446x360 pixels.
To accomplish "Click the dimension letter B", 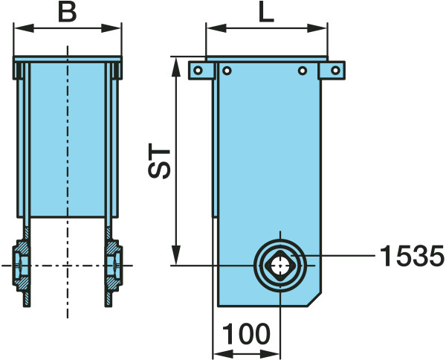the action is tap(68, 13).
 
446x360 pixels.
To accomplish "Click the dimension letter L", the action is tap(267, 13).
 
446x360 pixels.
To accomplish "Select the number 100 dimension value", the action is tap(246, 334).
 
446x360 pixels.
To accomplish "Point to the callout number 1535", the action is tap(411, 256).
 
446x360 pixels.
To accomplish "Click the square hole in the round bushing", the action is tap(280, 266).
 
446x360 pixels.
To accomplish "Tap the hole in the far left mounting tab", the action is tap(198, 70).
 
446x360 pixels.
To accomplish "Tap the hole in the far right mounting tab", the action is tap(336, 70).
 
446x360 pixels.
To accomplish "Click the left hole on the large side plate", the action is tap(227, 71).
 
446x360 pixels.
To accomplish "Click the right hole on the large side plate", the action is tap(303, 71).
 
